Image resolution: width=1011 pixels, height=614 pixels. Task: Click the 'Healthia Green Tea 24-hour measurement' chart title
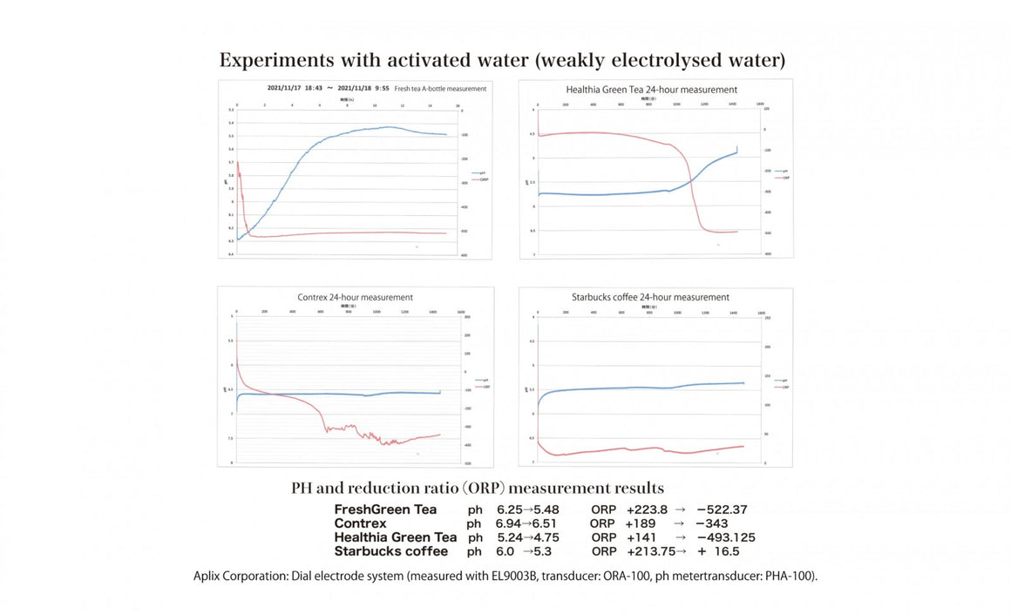[651, 90]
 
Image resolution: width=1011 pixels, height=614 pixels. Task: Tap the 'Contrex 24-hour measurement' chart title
[355, 298]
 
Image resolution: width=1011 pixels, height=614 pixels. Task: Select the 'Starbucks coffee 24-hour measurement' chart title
[650, 297]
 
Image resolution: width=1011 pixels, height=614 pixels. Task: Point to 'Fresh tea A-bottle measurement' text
[440, 89]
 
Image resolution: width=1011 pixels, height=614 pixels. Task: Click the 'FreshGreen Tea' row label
[385, 509]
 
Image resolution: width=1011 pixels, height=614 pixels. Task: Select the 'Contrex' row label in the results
[360, 523]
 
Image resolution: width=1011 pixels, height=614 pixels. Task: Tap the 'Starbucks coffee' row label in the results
[390, 551]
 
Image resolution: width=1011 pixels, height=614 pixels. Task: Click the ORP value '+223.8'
[647, 509]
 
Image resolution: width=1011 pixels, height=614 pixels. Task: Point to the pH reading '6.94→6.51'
[526, 523]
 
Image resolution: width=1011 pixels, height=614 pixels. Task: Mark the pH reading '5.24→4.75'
[527, 537]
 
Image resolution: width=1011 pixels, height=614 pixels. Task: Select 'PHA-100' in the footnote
[787, 577]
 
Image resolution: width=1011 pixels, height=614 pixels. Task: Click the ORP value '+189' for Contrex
[642, 523]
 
